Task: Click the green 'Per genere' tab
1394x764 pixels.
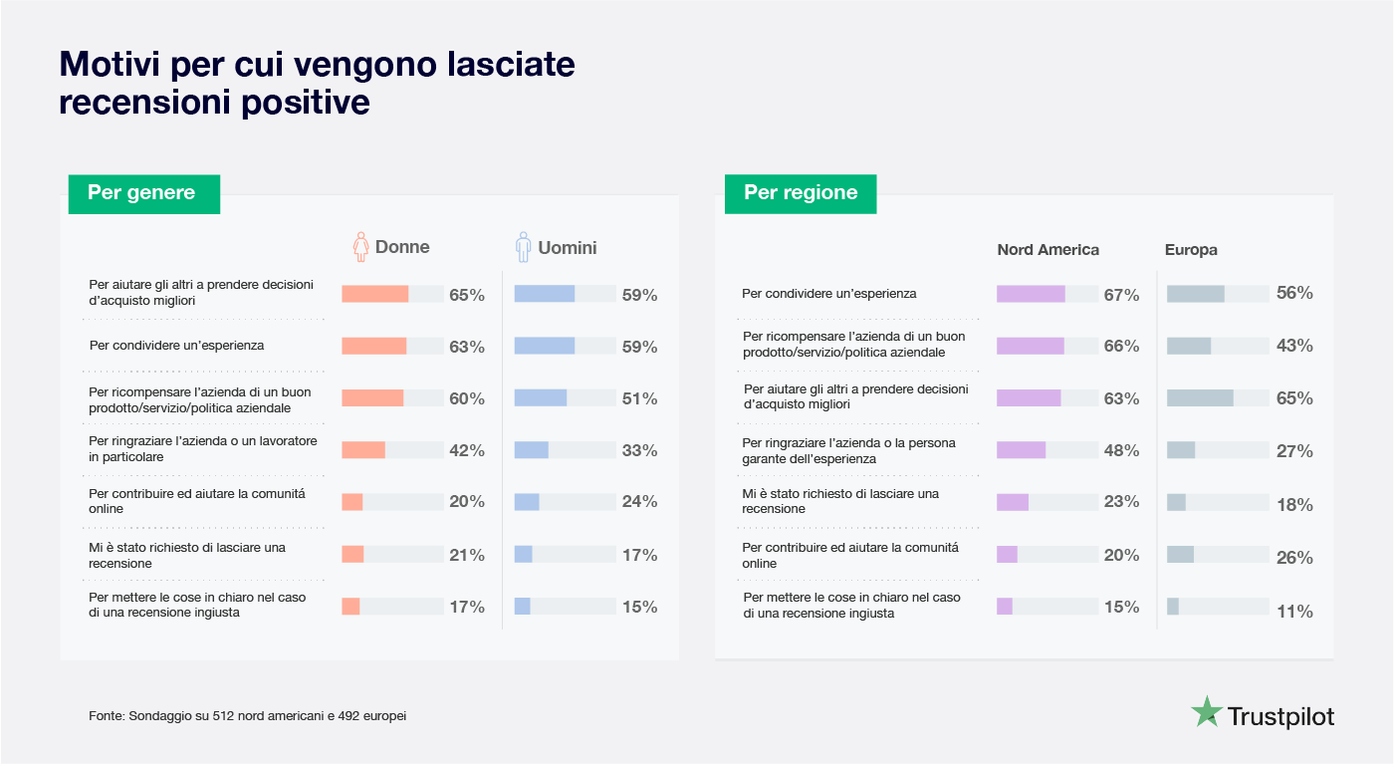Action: click(143, 193)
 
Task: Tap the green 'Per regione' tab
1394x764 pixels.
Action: click(801, 193)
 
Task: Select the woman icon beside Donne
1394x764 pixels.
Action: click(361, 247)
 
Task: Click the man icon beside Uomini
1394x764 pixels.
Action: click(523, 247)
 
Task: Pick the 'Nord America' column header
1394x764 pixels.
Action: click(1047, 250)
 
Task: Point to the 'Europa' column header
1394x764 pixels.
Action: click(1191, 250)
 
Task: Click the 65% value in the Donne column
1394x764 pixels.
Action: click(466, 295)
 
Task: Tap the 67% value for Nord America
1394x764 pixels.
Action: click(1121, 295)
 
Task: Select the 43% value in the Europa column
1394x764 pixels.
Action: click(1294, 346)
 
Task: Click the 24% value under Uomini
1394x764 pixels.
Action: click(639, 502)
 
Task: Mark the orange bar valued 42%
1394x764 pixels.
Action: click(363, 450)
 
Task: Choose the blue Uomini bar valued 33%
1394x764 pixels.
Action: click(532, 450)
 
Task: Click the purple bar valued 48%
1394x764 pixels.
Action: click(1021, 450)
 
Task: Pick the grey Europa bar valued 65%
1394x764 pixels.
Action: click(1200, 398)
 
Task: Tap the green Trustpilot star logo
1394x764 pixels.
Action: click(1207, 713)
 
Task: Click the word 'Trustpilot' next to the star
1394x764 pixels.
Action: click(1280, 716)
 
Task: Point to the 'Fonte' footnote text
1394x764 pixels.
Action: click(247, 716)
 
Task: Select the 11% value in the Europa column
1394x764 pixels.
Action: click(1294, 612)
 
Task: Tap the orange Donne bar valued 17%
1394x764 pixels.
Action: click(350, 607)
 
